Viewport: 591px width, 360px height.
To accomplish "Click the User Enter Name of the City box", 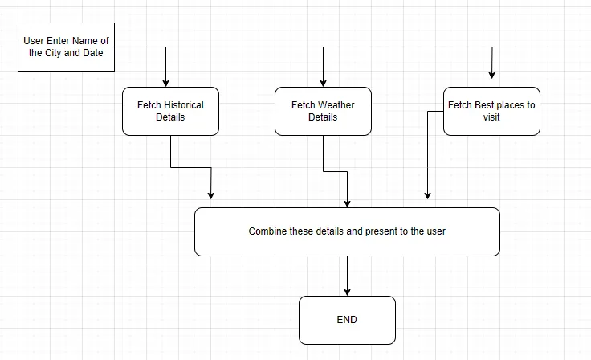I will pyautogui.click(x=66, y=47).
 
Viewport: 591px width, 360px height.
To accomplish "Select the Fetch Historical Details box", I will pyautogui.click(x=170, y=111).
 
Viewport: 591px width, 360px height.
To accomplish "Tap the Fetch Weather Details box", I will pyautogui.click(x=323, y=111).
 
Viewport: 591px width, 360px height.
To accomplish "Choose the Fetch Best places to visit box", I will pyautogui.click(x=491, y=111).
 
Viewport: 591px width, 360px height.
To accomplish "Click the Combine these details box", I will pyautogui.click(x=347, y=231).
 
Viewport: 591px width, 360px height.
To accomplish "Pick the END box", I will pyautogui.click(x=347, y=320).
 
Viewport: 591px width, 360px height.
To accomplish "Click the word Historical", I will pyautogui.click(x=184, y=105).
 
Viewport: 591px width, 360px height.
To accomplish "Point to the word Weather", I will pyautogui.click(x=336, y=105).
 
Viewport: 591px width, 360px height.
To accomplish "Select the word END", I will pyautogui.click(x=347, y=320).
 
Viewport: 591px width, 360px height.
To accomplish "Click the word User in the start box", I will pyautogui.click(x=34, y=41).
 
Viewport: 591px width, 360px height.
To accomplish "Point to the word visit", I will pyautogui.click(x=491, y=117).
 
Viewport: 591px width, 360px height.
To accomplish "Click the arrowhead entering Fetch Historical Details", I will pyautogui.click(x=165, y=82).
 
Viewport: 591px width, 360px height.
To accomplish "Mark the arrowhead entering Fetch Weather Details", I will pyautogui.click(x=323, y=82).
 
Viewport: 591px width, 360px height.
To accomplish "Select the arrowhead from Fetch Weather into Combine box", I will pyautogui.click(x=347, y=202).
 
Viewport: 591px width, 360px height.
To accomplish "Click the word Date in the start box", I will pyautogui.click(x=92, y=53).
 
